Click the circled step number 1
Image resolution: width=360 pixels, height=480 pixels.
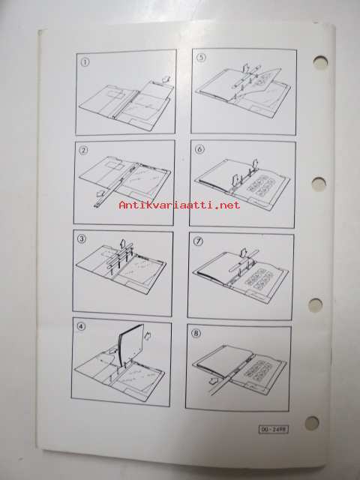pos(85,62)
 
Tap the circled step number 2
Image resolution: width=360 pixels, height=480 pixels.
pos(83,150)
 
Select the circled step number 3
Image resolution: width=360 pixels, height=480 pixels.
pos(82,238)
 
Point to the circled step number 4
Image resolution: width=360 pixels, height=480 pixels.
pos(81,327)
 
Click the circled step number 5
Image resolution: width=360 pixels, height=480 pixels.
pos(200,58)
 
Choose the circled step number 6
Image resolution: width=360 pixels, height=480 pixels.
pos(199,149)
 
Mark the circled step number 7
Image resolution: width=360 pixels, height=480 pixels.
pos(198,241)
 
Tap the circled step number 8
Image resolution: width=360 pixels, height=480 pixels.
pos(196,333)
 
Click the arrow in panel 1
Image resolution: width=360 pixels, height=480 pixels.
pos(166,79)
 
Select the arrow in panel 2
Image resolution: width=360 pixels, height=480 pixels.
pos(100,193)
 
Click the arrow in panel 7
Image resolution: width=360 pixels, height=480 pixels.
pos(244,253)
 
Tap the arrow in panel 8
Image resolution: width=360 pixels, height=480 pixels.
pos(215,381)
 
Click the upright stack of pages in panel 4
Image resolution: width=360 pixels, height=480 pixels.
pos(131,345)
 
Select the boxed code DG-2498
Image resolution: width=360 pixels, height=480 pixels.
pos(274,430)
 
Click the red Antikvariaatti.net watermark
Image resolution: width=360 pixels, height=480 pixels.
pos(179,205)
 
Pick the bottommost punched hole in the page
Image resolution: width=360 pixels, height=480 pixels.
pos(312,423)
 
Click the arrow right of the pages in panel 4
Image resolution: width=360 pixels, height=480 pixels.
pos(148,336)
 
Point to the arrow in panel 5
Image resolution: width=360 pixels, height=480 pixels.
pos(245,68)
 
